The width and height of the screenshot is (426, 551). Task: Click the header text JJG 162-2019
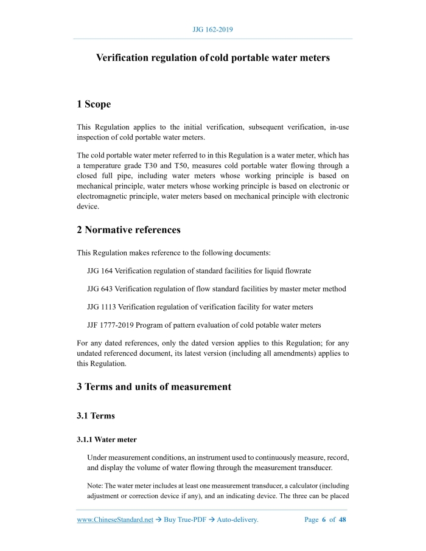point(212,29)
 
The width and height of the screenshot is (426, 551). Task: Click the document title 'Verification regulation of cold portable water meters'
point(213,58)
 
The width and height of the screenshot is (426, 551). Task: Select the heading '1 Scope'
point(94,105)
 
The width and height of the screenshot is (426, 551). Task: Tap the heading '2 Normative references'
point(128,230)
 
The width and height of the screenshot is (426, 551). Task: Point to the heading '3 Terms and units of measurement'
point(154,387)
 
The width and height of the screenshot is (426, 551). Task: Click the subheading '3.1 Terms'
point(96,416)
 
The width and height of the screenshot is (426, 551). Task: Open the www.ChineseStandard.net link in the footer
point(115,520)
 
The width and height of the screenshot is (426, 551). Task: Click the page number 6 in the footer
point(323,520)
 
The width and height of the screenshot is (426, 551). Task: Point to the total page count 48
point(343,520)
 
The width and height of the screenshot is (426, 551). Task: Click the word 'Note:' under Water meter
point(96,485)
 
